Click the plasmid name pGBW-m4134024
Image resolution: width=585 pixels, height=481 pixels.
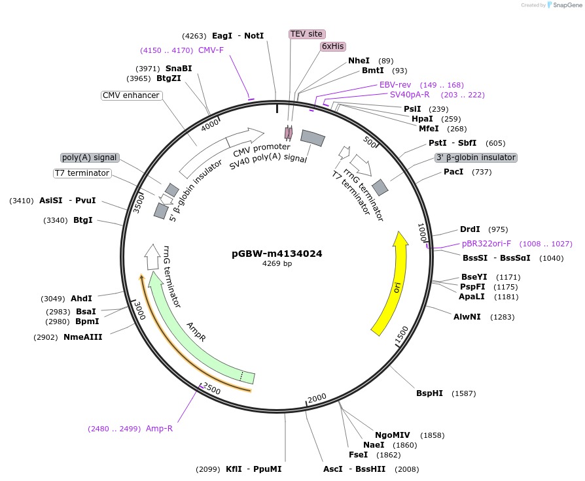pos(277,254)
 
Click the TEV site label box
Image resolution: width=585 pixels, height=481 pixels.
pos(307,33)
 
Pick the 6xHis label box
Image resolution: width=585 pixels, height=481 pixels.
pos(332,46)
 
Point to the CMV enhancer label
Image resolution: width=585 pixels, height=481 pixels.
pos(131,95)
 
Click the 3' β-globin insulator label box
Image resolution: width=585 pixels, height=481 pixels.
pos(476,158)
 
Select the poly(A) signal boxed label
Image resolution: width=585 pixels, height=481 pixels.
pos(89,158)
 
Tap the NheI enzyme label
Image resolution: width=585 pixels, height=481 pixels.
pos(359,61)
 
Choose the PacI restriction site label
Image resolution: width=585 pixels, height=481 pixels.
pos(453,172)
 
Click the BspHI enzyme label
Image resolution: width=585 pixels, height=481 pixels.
pos(429,393)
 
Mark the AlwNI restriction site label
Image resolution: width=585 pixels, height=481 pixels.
pos(467,317)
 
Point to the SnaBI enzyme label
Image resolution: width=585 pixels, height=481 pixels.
pos(179,68)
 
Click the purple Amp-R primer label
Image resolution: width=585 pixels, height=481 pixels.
pos(159,429)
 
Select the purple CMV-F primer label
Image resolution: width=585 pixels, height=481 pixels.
pos(211,50)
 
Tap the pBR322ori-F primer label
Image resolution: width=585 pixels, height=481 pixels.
pos(486,244)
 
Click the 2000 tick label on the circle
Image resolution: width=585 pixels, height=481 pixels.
pos(317,398)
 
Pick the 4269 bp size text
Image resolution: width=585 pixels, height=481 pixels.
pos(277,264)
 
